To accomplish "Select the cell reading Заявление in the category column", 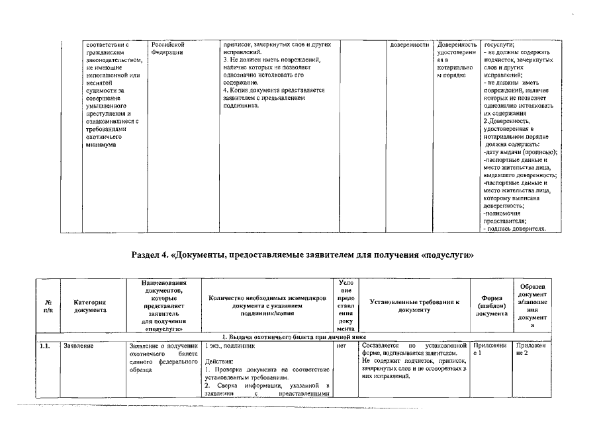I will pos(79,345).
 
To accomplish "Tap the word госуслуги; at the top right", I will pos(500,44).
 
